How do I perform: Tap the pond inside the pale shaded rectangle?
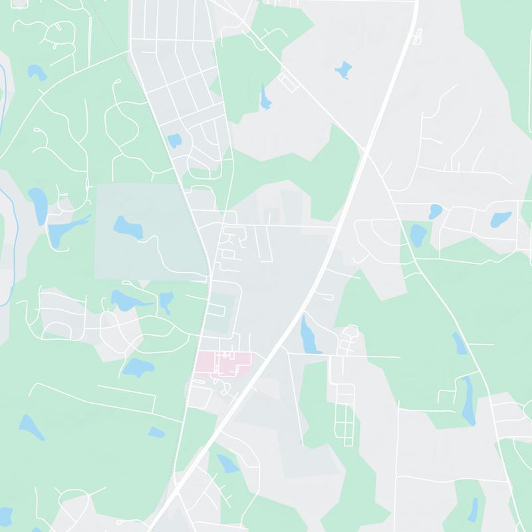click(128, 227)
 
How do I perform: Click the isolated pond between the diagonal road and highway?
click(342, 69)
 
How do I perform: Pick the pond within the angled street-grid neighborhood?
click(174, 141)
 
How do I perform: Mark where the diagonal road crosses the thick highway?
click(365, 150)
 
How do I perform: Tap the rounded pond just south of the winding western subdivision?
click(138, 366)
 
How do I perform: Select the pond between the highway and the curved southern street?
click(227, 463)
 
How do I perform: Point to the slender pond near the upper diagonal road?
click(266, 98)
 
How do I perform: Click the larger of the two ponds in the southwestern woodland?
click(30, 426)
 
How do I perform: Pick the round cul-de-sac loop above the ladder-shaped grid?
click(350, 331)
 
